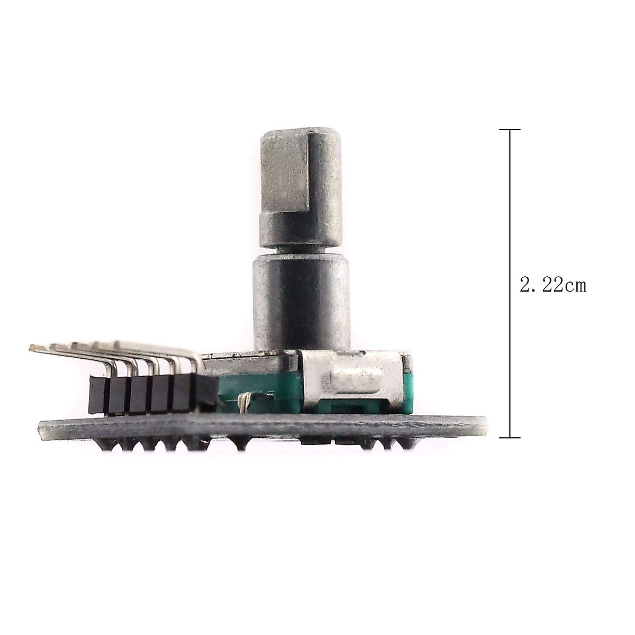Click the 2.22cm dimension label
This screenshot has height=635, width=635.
point(553,285)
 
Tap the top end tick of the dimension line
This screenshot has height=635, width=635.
point(510,130)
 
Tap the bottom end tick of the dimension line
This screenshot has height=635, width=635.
point(510,438)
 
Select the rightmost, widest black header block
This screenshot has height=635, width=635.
point(206,394)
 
